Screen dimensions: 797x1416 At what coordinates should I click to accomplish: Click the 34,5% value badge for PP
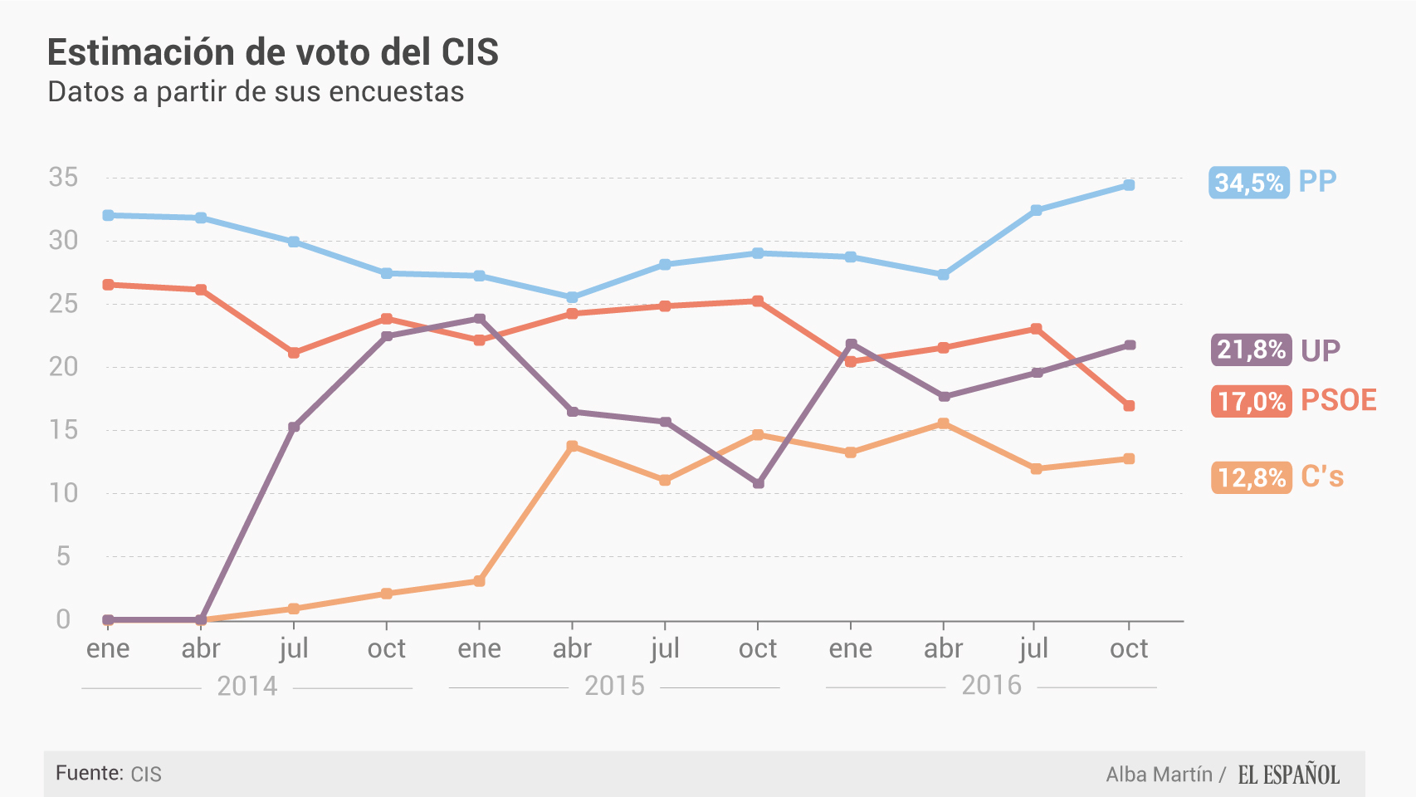pos(1249,182)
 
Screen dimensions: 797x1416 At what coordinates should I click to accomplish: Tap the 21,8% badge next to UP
pos(1251,350)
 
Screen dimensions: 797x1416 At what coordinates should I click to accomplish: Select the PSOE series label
pos(1338,400)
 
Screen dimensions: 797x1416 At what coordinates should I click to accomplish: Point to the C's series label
pos(1322,477)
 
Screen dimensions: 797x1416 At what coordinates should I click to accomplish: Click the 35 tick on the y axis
pos(63,177)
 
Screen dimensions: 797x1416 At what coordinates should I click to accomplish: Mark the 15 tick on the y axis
pos(63,429)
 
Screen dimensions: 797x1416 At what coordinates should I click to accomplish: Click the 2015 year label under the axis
pos(614,686)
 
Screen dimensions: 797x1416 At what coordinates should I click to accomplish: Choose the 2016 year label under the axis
pos(991,685)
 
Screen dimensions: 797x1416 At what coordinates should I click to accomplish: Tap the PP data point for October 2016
pos(1129,185)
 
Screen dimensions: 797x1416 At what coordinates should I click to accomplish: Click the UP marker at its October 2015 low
pos(758,483)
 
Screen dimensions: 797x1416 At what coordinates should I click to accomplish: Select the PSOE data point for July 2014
pos(294,353)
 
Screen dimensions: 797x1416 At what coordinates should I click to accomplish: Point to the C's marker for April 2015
pos(572,446)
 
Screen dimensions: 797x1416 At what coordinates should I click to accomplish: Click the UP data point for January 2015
pos(480,319)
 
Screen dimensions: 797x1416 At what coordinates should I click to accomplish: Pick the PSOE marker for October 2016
pos(1129,406)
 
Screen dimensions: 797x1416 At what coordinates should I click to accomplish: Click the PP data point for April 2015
pos(572,297)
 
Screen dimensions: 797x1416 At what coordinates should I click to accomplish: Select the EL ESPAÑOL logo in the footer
pos(1288,775)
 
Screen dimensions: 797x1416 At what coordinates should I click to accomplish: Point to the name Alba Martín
pos(1159,775)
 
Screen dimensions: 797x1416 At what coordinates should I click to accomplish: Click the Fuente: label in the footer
pos(90,774)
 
